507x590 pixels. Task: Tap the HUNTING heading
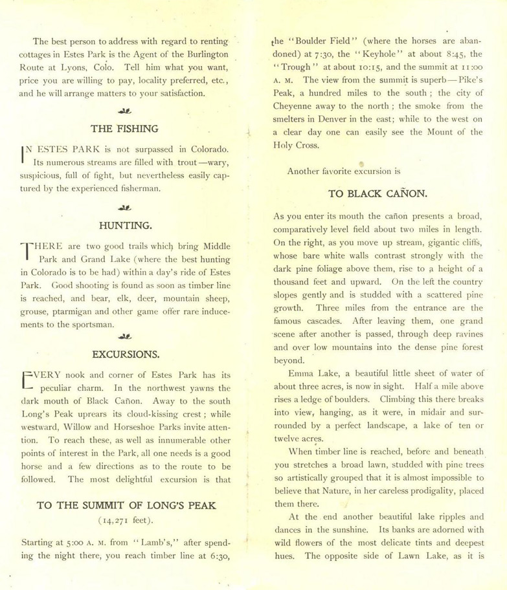[125, 226]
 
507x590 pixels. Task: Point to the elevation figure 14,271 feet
[126, 521]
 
